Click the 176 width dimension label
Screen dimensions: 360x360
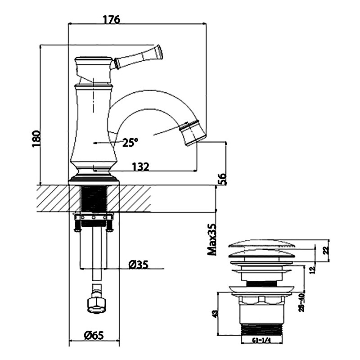pyautogui.click(x=111, y=19)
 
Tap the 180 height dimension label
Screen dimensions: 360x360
pyautogui.click(x=36, y=139)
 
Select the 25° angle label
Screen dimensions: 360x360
pyautogui.click(x=130, y=142)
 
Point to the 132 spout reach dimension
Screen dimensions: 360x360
pyautogui.click(x=140, y=166)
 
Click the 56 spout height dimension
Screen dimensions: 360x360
pyautogui.click(x=222, y=179)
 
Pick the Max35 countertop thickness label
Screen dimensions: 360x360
pyautogui.click(x=212, y=239)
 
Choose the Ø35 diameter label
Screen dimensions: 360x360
pyautogui.click(x=139, y=265)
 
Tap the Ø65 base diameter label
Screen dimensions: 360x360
pyautogui.click(x=94, y=336)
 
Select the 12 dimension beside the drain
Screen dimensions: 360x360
pyautogui.click(x=312, y=270)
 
